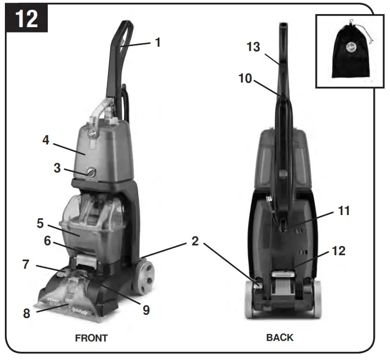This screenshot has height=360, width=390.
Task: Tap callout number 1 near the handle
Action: [158, 42]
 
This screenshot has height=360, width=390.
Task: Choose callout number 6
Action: [47, 241]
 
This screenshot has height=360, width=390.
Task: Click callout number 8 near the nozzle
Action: [27, 313]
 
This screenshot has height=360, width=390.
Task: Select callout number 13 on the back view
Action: [253, 47]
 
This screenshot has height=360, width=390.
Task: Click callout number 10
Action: [245, 78]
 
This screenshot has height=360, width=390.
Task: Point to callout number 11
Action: [344, 211]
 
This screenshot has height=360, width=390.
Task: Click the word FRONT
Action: [91, 338]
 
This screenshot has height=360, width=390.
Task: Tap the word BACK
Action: [280, 337]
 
